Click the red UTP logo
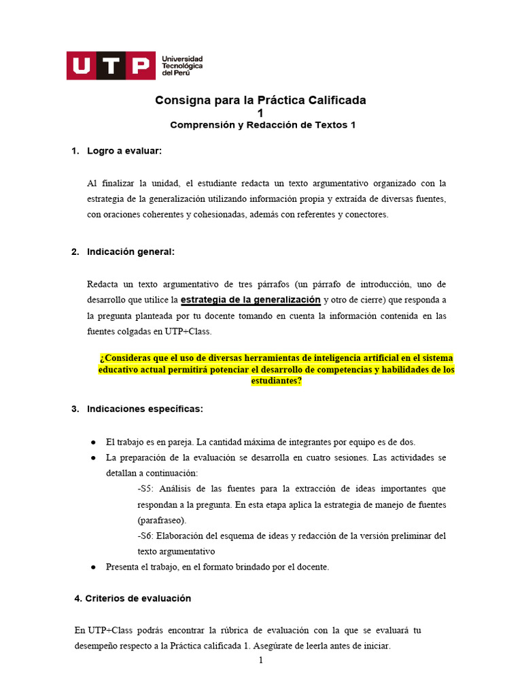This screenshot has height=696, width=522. tap(109, 65)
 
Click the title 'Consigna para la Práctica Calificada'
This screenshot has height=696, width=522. tap(260, 100)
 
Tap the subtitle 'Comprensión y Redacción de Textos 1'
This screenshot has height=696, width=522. tap(262, 125)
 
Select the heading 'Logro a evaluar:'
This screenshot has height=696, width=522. tap(124, 150)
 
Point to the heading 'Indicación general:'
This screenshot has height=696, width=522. tap(130, 251)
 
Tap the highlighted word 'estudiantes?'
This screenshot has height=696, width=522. tap(277, 381)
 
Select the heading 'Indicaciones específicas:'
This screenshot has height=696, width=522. tap(145, 408)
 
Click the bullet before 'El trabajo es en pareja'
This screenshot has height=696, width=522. tap(93, 442)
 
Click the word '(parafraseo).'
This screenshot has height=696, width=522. tap(162, 520)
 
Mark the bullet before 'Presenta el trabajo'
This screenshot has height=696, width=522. tap(93, 567)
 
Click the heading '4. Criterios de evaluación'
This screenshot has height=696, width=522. tap(133, 598)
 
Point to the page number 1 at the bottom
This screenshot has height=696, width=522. tap(260, 660)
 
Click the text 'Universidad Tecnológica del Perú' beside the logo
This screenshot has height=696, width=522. tap(181, 66)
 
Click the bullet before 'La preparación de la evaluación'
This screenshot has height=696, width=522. tap(93, 457)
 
